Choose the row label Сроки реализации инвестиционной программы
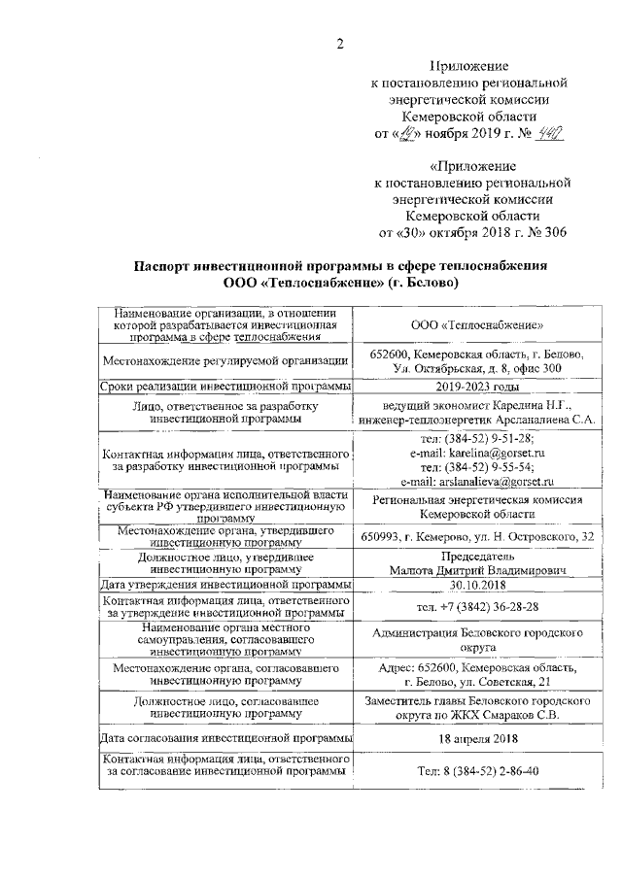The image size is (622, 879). click(225, 387)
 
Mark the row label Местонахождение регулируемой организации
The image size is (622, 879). click(225, 361)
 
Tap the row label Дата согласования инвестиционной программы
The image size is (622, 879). click(225, 739)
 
